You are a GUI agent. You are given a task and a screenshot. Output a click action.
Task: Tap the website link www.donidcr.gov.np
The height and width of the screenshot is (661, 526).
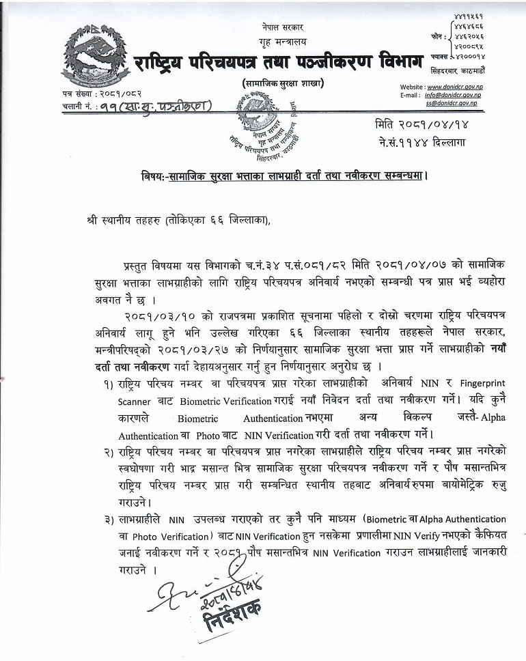(x=453, y=87)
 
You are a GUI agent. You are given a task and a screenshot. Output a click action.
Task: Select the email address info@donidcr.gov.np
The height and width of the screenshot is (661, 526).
(x=452, y=96)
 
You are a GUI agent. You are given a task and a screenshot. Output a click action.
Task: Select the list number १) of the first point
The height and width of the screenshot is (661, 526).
(x=109, y=383)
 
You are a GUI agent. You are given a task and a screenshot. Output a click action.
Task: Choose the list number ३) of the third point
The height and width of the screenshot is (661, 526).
(x=109, y=520)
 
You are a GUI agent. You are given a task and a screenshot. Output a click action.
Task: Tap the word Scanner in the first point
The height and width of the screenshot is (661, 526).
(x=136, y=401)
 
